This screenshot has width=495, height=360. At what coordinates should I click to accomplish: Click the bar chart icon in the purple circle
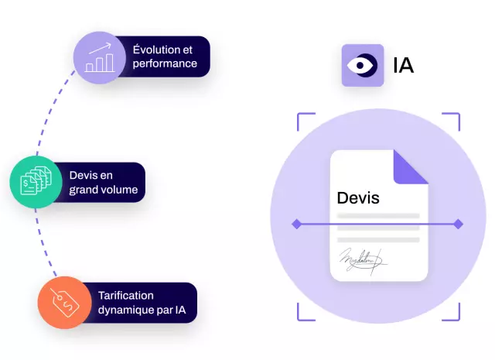click(100, 57)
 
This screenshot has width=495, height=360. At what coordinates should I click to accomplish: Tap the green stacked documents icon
click(36, 181)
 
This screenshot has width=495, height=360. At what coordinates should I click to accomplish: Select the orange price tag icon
click(65, 303)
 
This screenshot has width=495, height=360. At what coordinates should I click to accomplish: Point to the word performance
click(165, 63)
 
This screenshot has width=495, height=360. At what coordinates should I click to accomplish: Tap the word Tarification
click(126, 296)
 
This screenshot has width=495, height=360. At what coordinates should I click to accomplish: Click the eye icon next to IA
click(363, 66)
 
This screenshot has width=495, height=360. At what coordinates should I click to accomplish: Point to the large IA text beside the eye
click(404, 66)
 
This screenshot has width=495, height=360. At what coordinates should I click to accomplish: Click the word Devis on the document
click(358, 198)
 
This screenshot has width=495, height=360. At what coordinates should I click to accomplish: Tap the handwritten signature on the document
click(363, 261)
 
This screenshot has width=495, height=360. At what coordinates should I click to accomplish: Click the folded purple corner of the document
click(411, 167)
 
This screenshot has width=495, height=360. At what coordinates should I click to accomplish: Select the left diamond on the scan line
click(296, 224)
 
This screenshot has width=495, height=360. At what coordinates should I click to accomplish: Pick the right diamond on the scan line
click(459, 224)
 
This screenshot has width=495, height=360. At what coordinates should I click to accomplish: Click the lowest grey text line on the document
click(378, 240)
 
